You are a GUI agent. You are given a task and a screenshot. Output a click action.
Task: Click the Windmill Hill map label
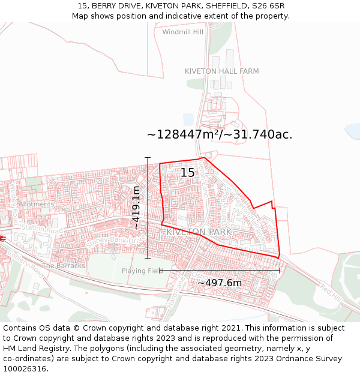point(182,32)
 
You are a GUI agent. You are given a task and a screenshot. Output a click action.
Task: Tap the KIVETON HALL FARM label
point(221,71)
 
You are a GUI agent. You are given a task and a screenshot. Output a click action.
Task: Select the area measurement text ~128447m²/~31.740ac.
point(220,134)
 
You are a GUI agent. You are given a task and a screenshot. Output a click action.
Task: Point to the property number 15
point(187,173)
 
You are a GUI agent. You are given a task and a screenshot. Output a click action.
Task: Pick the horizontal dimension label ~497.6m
point(220,283)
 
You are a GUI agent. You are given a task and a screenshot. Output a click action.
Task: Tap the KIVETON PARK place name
point(199,232)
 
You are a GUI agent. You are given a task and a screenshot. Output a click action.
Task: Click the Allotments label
point(36,204)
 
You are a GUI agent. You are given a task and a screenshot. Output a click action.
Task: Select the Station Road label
point(42,229)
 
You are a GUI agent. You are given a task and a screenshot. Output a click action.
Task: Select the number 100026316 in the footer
point(25,368)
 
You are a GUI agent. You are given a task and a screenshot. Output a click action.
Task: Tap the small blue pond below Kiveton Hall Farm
point(188,119)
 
